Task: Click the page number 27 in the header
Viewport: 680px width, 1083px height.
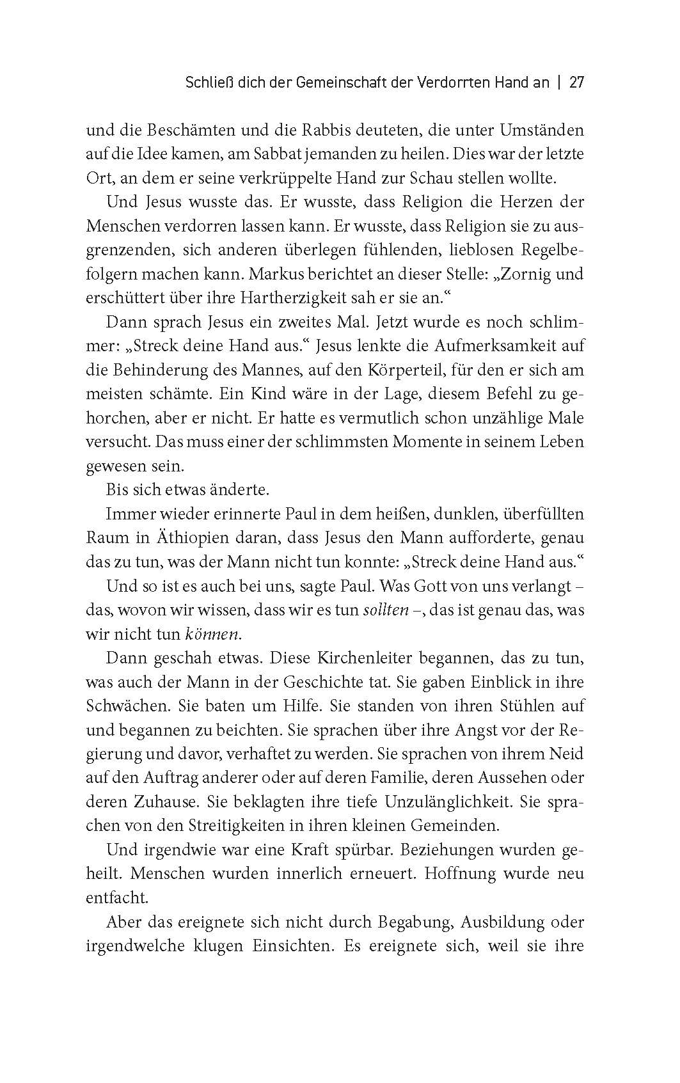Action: tap(576, 83)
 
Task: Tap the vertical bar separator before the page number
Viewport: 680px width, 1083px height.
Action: tap(560, 83)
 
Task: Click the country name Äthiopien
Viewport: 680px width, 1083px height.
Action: tap(181, 538)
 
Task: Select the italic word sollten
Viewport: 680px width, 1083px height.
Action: tap(385, 610)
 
